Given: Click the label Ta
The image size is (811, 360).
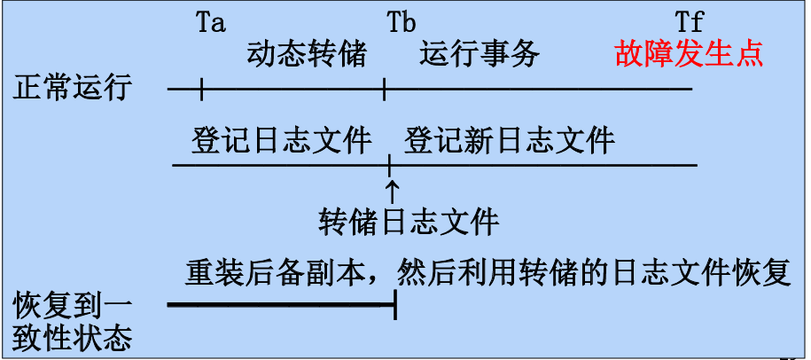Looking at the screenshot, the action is click(x=211, y=21).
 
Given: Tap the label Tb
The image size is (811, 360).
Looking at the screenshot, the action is click(x=402, y=21).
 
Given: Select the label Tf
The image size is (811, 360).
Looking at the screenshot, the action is click(x=689, y=21).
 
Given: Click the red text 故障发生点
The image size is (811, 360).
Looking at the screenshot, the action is click(x=689, y=55).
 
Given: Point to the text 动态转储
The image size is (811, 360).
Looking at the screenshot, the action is click(x=307, y=55).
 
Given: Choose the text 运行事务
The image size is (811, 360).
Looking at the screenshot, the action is click(x=479, y=55).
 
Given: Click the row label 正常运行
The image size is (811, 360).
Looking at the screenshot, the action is click(x=73, y=89).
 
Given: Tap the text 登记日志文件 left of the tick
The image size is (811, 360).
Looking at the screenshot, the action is click(x=281, y=140).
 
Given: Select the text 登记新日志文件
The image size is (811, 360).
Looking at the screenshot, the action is click(x=509, y=140).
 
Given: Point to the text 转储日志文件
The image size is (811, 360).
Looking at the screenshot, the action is click(x=409, y=221).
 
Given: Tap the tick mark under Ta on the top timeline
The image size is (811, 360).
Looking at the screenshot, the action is click(x=201, y=89).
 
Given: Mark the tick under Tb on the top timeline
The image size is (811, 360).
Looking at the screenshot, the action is click(x=384, y=89).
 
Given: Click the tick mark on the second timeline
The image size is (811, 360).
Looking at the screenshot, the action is click(x=390, y=165).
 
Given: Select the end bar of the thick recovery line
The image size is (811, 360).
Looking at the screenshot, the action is click(x=394, y=306).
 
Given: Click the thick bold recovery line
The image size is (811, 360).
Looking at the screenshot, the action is click(x=280, y=306).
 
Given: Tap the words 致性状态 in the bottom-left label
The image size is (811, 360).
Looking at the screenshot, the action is click(x=73, y=339).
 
